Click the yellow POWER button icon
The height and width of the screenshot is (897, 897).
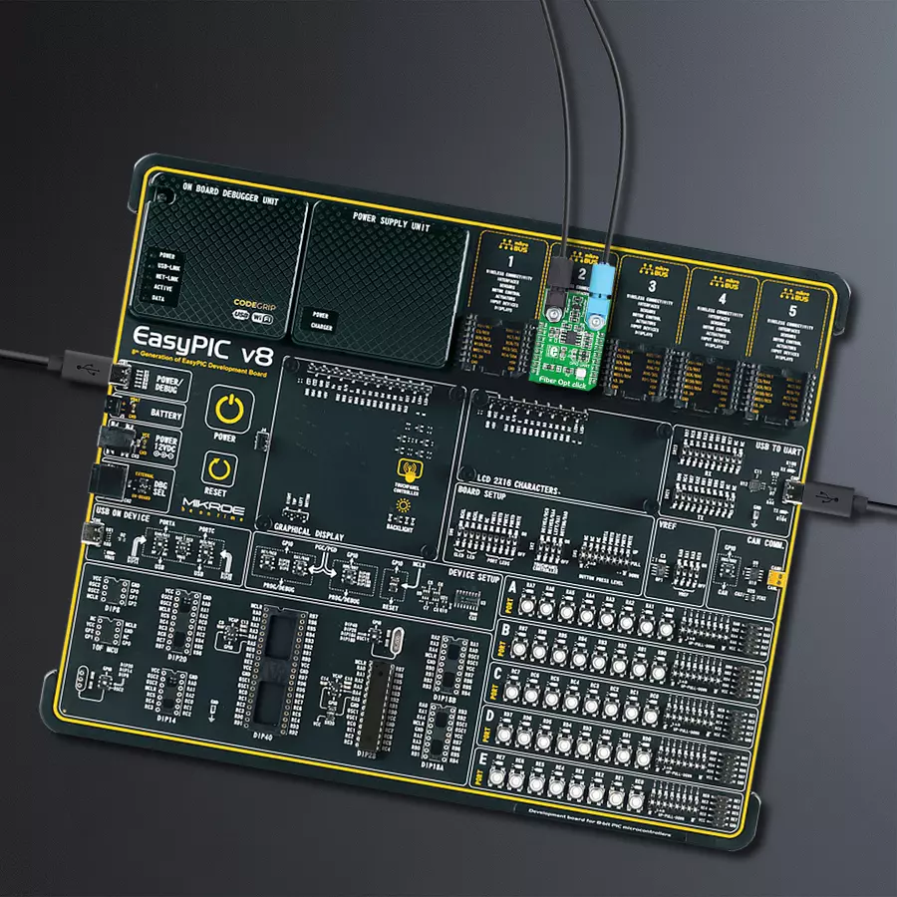(x=228, y=410)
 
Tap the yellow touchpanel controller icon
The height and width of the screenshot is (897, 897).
(x=407, y=469)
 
